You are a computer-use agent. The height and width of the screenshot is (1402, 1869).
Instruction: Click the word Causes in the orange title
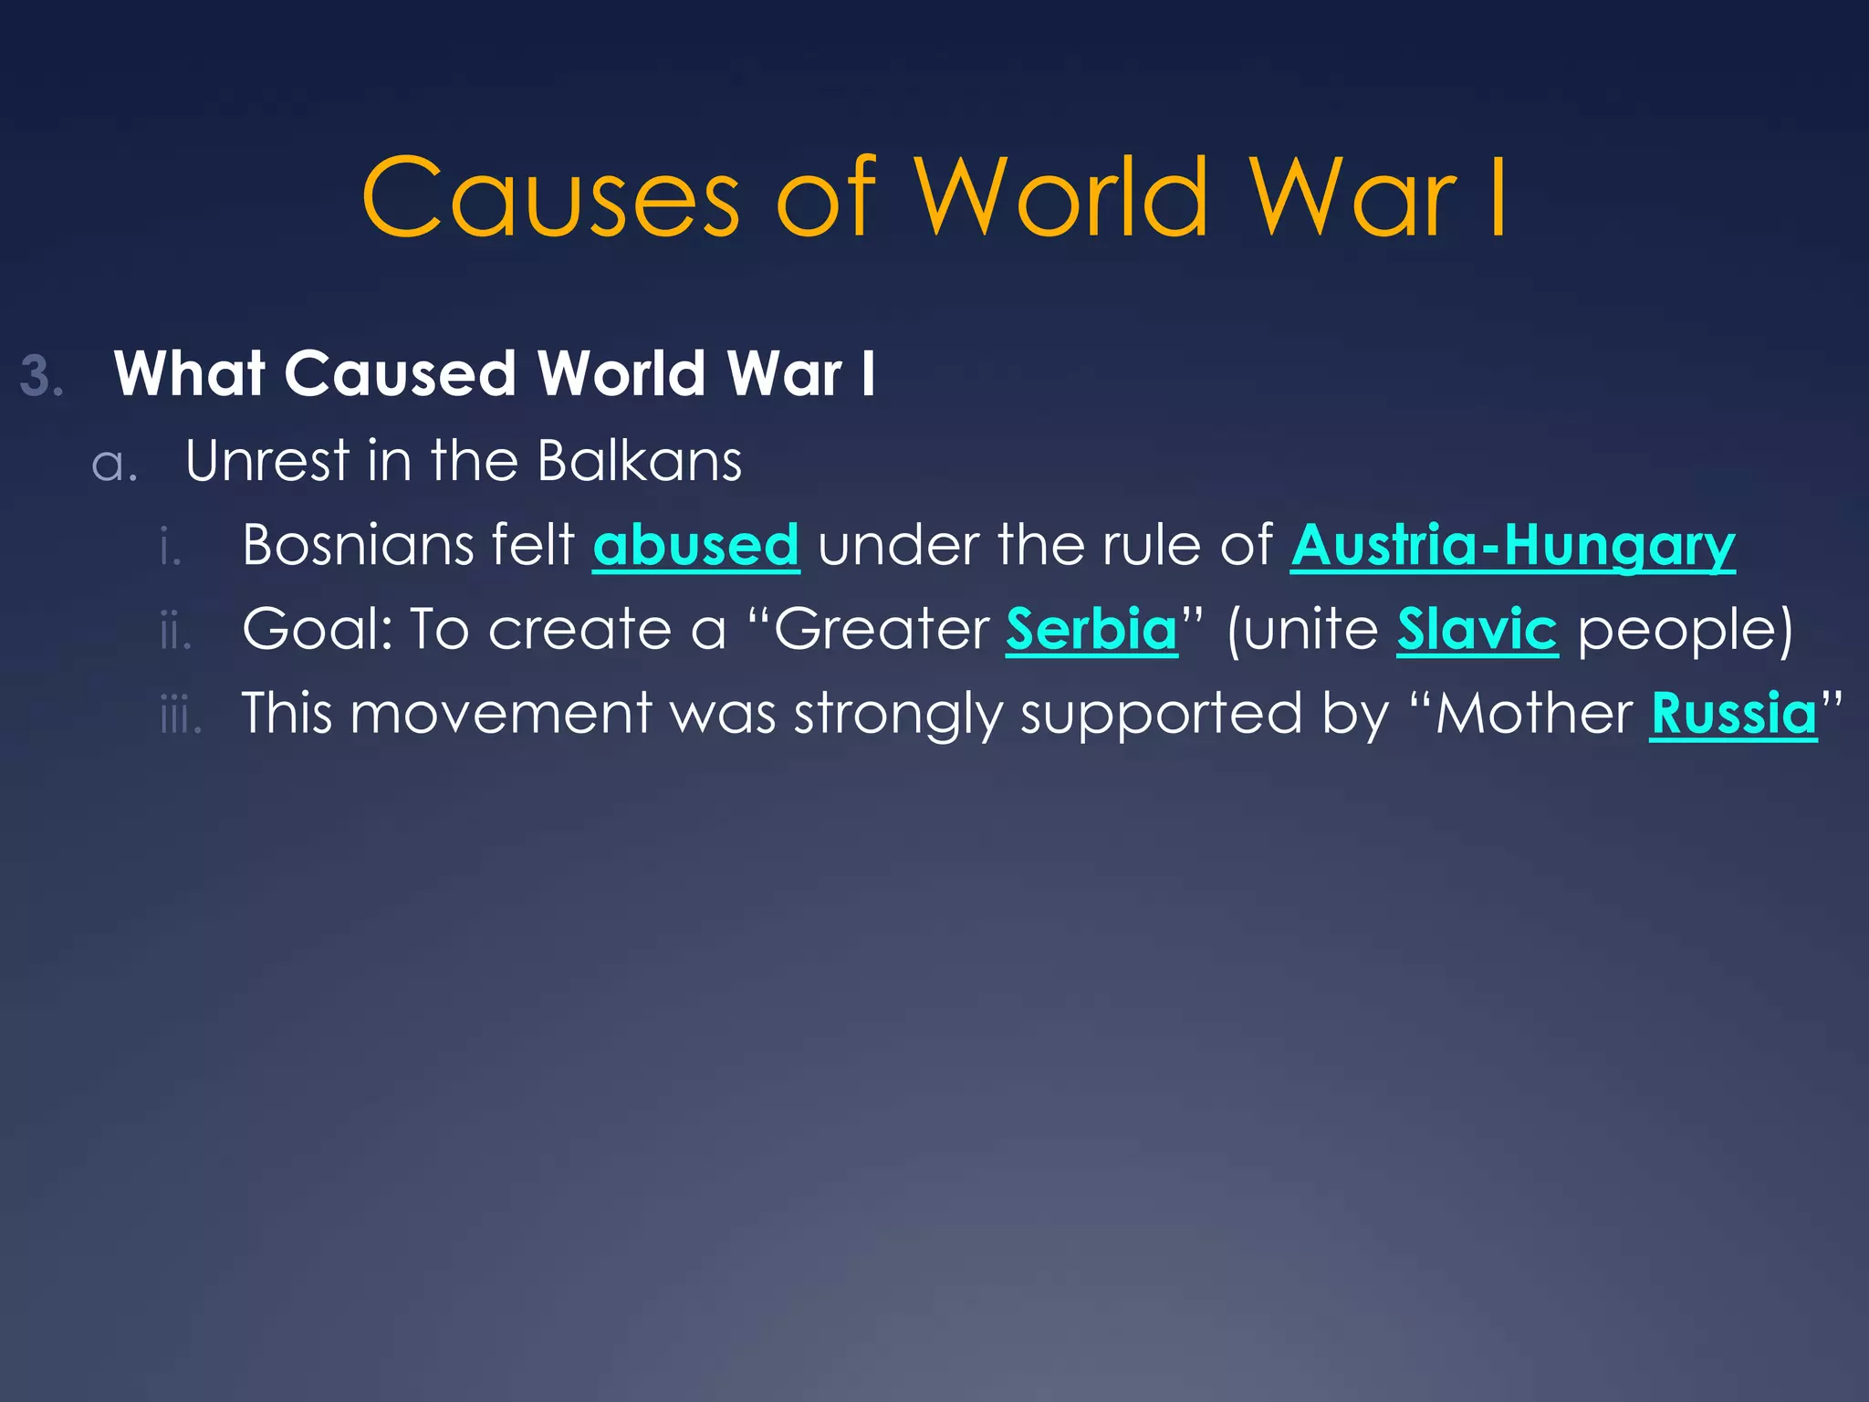(550, 198)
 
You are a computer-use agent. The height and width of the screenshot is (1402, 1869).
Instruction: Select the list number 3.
(41, 376)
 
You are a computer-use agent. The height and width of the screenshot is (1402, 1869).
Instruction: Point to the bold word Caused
(400, 373)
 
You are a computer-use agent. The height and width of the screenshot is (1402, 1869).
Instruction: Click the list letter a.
(113, 464)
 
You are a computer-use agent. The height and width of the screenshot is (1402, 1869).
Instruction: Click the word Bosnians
(357, 545)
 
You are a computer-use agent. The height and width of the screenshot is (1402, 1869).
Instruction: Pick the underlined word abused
(695, 545)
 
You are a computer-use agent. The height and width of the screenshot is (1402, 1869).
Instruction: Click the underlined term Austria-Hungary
(1512, 545)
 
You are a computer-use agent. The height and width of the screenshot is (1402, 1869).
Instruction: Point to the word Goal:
(317, 629)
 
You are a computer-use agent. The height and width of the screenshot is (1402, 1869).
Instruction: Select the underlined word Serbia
(1091, 629)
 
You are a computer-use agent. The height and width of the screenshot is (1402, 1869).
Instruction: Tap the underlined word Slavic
(1477, 629)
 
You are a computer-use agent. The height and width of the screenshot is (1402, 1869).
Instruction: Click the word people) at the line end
(1685, 631)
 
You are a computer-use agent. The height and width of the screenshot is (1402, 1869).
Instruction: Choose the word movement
(501, 713)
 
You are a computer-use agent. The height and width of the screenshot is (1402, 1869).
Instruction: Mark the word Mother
(1533, 713)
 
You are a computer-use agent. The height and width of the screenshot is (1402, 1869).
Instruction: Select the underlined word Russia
(1733, 713)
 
